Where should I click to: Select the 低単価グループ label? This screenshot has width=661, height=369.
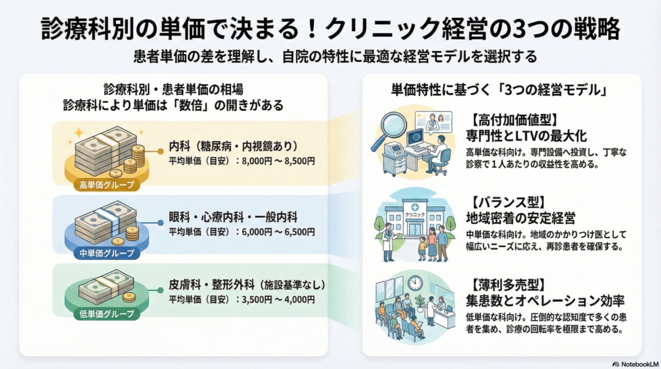108,314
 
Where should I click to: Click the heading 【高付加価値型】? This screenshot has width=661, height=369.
514,119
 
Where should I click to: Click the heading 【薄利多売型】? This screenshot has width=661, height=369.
505,284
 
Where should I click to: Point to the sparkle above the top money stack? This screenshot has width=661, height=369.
79,132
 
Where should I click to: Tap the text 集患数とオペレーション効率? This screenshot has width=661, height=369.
547,300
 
